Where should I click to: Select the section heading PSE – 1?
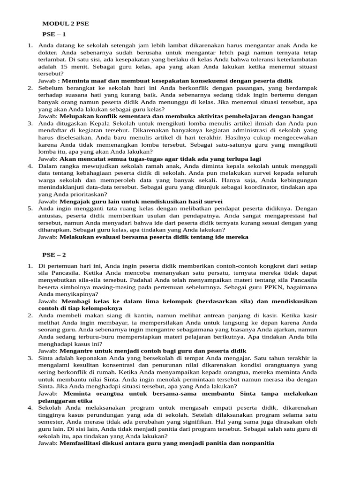tap(54, 34)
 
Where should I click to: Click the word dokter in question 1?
tap(48, 52)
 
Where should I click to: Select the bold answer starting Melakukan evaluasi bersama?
tap(154, 237)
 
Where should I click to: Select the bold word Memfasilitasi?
tap(83, 443)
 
